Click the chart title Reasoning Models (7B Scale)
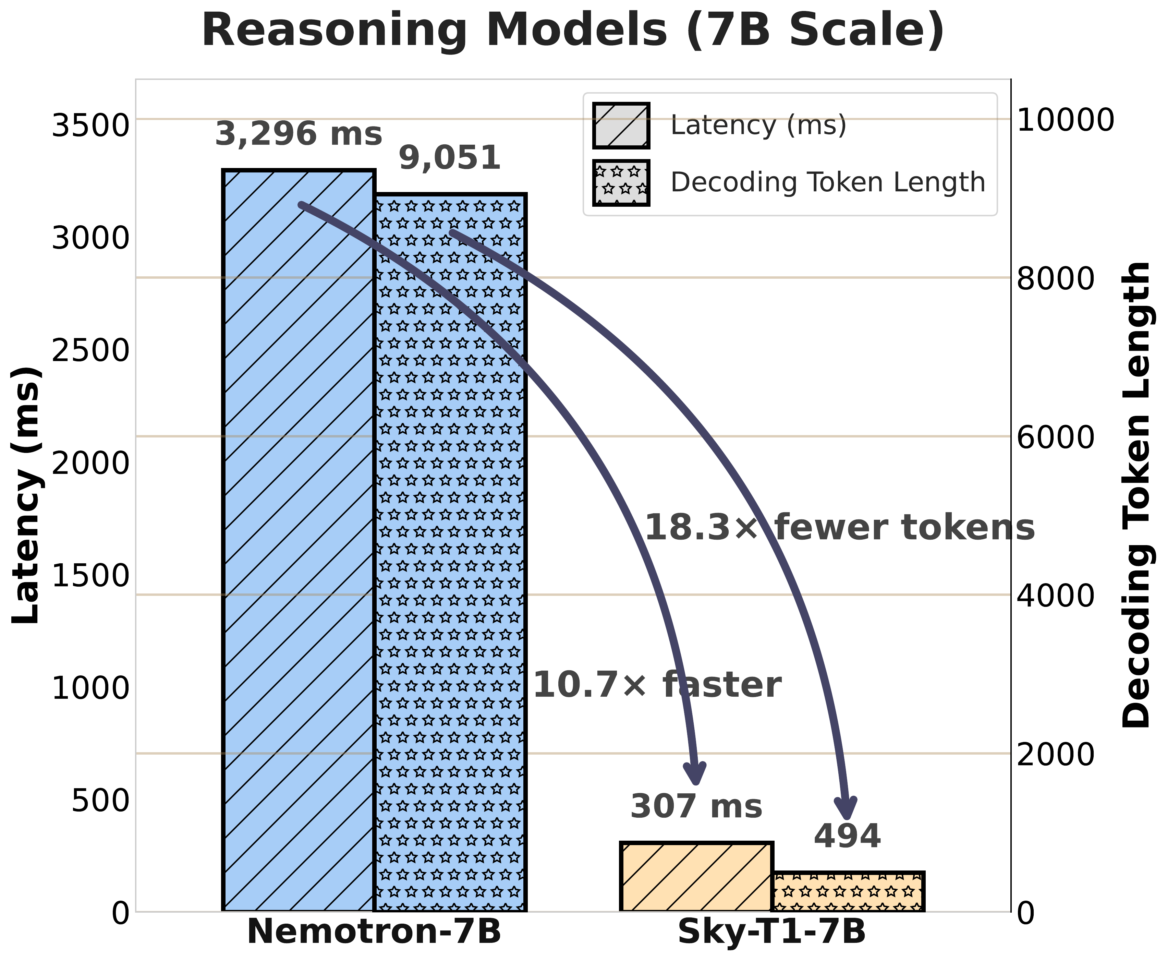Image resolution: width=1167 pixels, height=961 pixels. (x=573, y=31)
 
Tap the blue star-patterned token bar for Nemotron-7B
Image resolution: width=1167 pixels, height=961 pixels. (x=450, y=554)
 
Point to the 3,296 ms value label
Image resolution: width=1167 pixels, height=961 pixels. (x=299, y=134)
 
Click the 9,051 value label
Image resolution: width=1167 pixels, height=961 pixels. (x=450, y=158)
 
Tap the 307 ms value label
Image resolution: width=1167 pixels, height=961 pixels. (x=696, y=807)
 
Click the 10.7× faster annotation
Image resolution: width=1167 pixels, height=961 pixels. (x=657, y=685)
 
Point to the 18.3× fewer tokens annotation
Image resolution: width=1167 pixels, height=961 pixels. (x=839, y=527)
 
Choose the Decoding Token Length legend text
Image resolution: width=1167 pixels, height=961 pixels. (x=828, y=183)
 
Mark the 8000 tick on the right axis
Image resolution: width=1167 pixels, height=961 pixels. (x=1056, y=278)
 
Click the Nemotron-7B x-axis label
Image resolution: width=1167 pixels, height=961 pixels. (x=374, y=932)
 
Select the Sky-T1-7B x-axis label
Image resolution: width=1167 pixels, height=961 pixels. (x=771, y=932)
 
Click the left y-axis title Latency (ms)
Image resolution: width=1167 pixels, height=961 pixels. (x=26, y=495)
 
